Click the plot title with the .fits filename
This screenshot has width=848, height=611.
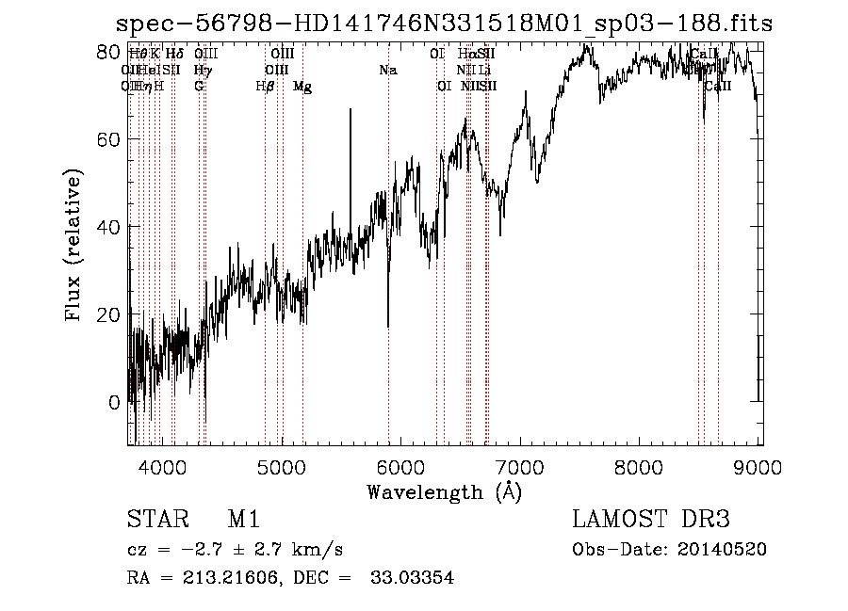point(443,24)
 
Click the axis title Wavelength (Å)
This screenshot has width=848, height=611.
point(444,491)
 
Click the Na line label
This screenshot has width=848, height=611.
point(387,71)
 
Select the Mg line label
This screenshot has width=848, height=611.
point(302,87)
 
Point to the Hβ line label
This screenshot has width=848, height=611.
point(266,87)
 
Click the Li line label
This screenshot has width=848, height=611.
point(484,71)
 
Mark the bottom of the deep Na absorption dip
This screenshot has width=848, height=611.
point(388,325)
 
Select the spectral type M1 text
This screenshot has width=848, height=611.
point(243,520)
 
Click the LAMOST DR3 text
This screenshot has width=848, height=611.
point(651,520)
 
